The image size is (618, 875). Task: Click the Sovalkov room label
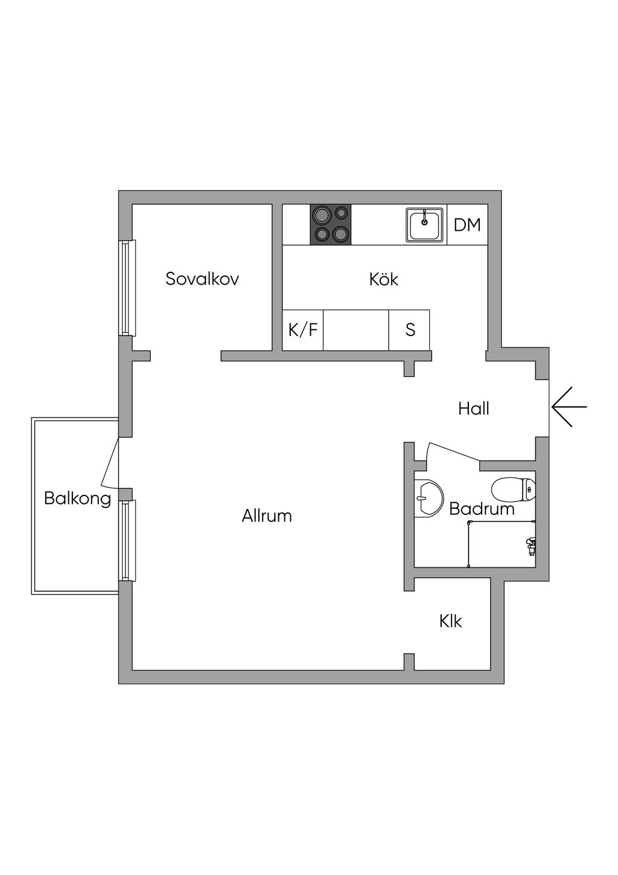tap(202, 279)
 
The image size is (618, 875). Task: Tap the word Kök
tap(384, 279)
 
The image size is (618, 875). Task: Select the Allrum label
tap(267, 515)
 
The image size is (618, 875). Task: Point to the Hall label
tap(473, 408)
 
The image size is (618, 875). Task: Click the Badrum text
tap(482, 509)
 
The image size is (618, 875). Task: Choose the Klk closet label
tap(450, 621)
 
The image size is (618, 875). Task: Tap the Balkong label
tap(77, 499)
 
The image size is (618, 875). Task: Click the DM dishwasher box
tap(467, 225)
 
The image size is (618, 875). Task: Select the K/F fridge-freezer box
tap(303, 330)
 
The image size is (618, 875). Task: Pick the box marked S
tap(410, 330)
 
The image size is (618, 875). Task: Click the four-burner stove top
tap(331, 224)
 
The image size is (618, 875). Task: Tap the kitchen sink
tap(425, 225)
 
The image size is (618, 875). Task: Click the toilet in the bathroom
tap(514, 489)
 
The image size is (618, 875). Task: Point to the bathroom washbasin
tap(427, 498)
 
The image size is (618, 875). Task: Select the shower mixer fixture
tap(530, 546)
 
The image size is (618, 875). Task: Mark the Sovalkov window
tap(126, 288)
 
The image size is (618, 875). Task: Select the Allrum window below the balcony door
tap(126, 540)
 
